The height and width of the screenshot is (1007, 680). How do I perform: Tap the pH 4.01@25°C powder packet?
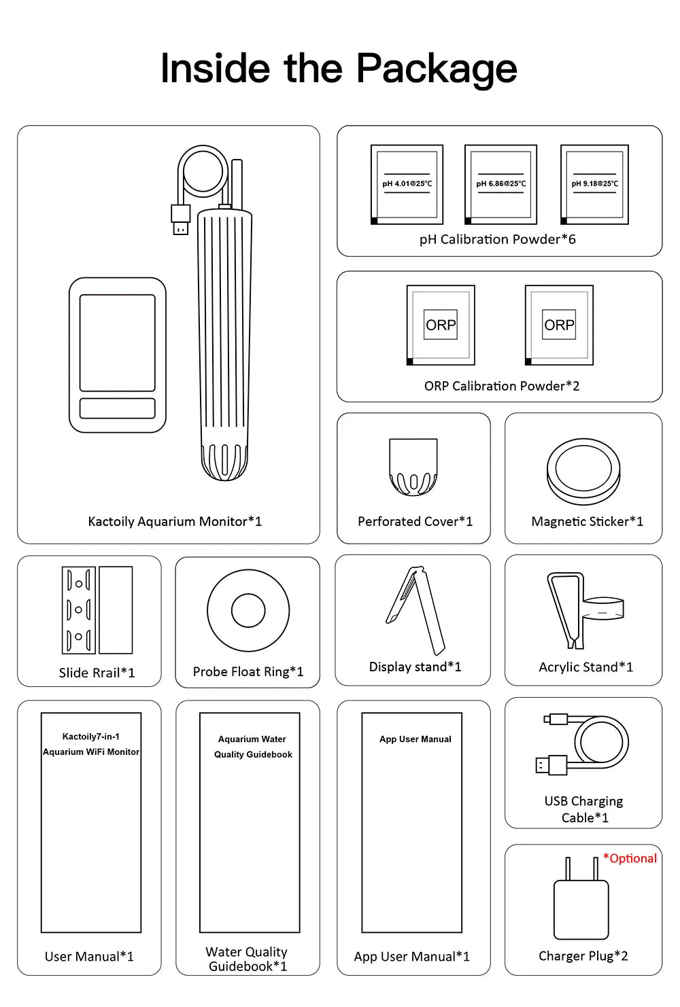[407, 184]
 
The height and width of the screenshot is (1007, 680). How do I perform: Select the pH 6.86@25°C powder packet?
[501, 184]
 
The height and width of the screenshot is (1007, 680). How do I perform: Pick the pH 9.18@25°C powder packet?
[594, 184]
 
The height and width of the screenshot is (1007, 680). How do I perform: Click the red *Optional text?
[630, 858]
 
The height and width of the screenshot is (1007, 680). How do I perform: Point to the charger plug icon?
[581, 898]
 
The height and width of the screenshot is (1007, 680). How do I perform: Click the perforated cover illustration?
[413, 467]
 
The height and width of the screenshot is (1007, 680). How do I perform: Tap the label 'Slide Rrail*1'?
[97, 673]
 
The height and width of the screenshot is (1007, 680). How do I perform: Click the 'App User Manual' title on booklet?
[415, 739]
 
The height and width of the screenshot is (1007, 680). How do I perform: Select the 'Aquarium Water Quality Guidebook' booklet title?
[253, 747]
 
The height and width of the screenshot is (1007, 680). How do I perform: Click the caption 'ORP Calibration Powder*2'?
[501, 386]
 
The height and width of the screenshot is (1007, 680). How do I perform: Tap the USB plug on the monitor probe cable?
[180, 219]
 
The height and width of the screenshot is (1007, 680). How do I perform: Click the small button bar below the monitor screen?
[118, 408]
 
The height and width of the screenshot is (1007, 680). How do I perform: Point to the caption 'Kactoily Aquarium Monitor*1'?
[175, 521]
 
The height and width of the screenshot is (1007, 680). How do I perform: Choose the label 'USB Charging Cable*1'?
[583, 809]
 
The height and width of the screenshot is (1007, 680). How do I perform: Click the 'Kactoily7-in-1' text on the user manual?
[91, 737]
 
